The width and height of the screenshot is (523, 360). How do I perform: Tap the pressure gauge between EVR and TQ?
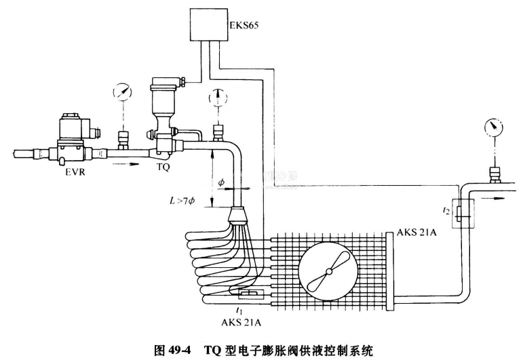[x=122, y=94]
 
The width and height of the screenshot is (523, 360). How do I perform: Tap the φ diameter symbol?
[x=221, y=182]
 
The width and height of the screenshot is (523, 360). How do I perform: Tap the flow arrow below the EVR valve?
[x=126, y=163]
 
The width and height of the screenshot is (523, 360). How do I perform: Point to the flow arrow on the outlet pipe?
[x=499, y=199]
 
